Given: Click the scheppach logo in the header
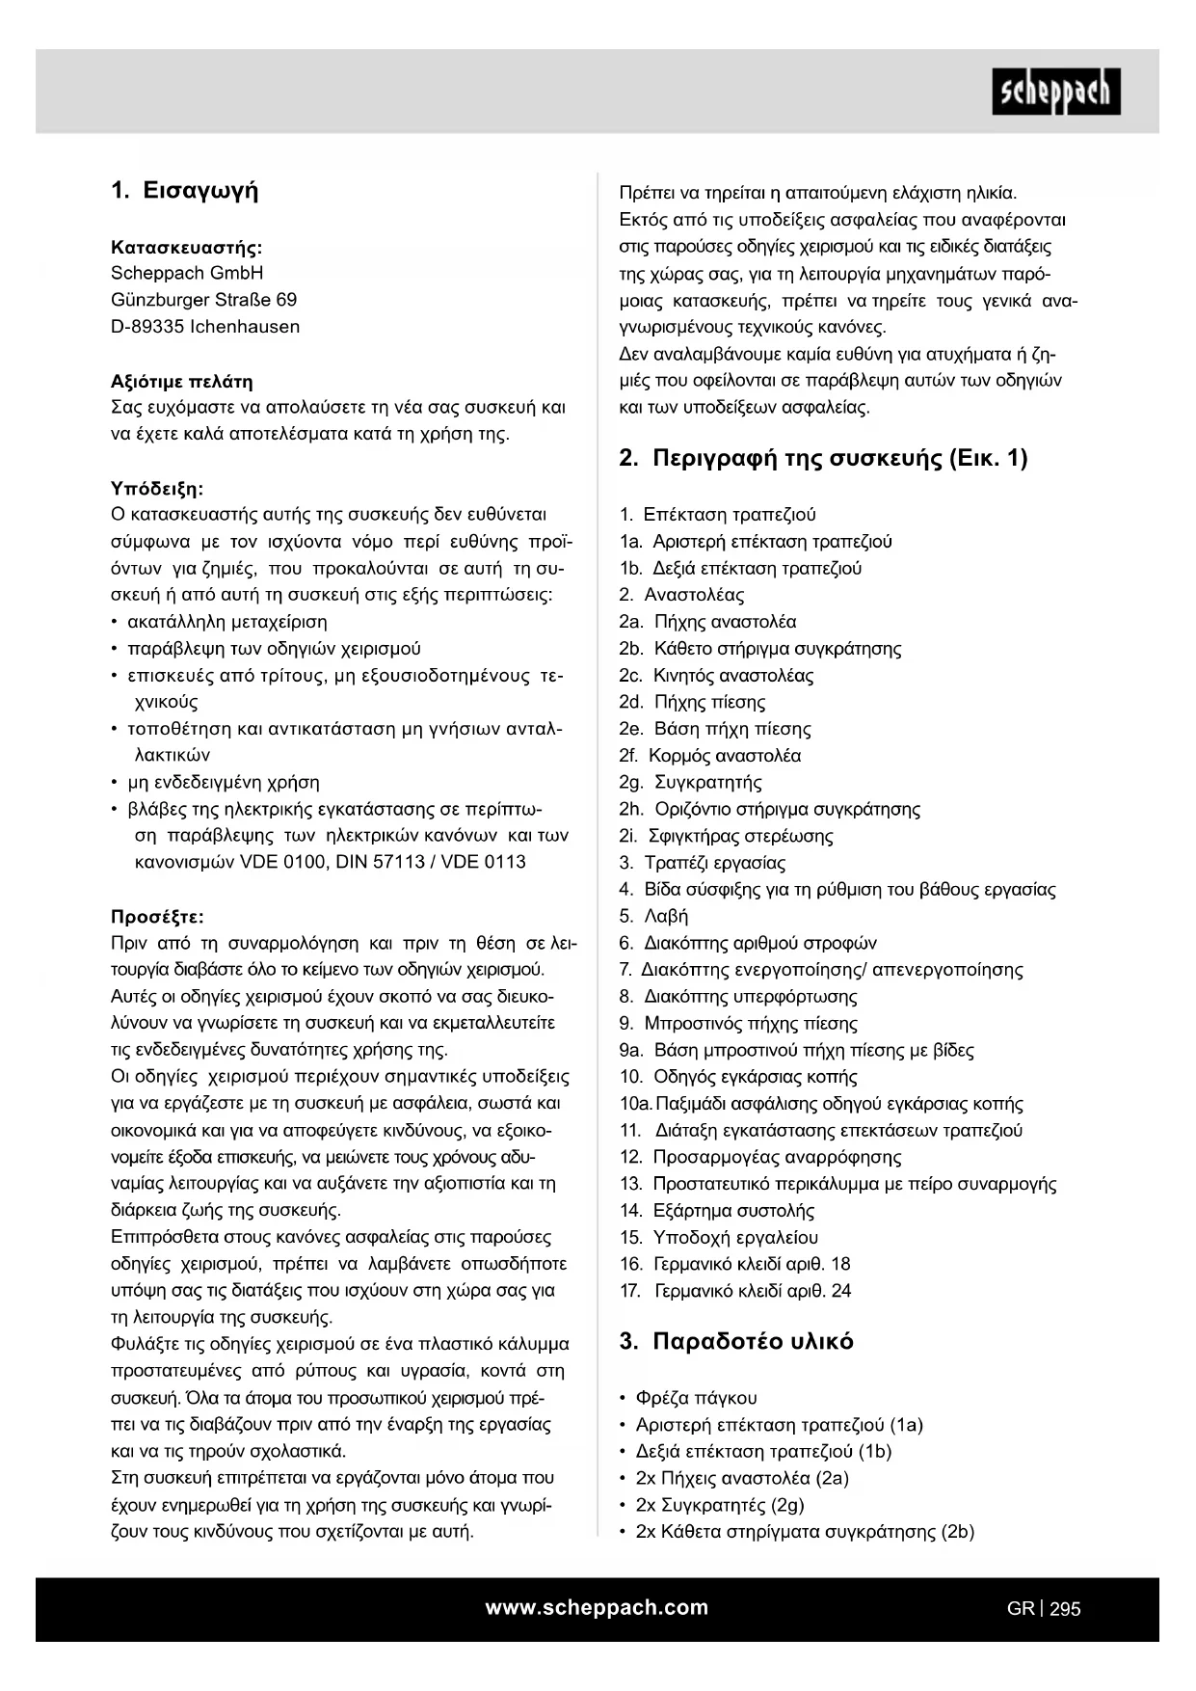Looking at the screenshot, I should coord(1055,92).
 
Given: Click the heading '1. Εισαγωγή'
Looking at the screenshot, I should coord(185,190).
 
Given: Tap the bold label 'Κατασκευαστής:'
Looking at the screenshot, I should coord(187,247).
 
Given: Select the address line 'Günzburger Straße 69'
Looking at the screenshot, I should coord(204,300).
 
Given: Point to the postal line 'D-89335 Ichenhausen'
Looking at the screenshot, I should coord(205,327).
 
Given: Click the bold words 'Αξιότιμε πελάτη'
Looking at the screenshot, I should coord(182,381).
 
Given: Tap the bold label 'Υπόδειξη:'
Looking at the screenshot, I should coord(158,488).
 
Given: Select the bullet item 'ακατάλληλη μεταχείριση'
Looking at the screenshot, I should coord(227,622).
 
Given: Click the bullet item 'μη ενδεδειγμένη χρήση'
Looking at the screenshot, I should coord(224,782).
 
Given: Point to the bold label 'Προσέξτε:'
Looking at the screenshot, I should coord(158,916).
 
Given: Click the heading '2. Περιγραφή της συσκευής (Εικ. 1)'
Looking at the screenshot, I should coord(823,458).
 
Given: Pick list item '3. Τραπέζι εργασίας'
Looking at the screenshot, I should coord(703,863).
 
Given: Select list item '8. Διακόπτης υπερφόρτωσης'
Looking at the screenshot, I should coord(738,997).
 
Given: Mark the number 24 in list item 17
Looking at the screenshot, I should coord(840,1291).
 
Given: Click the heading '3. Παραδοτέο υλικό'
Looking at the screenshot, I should coord(736,1341).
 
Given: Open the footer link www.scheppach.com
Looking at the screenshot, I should coord(597,1607).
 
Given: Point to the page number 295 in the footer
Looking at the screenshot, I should coord(1065,1608).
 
